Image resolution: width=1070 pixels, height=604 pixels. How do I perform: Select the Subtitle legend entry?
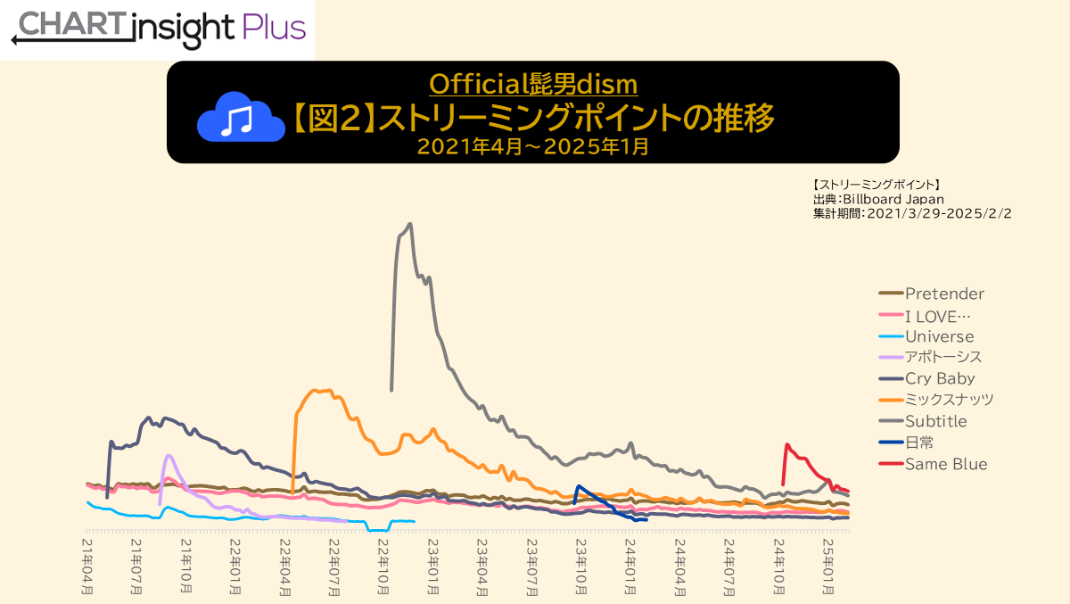coord(935,421)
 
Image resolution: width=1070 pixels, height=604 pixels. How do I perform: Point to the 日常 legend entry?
coord(918,443)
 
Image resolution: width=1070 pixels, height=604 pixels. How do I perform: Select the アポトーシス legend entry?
coord(943,358)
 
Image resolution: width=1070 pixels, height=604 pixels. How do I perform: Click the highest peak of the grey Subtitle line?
coord(409,224)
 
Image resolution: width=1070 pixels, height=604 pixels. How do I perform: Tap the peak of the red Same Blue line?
coord(786,444)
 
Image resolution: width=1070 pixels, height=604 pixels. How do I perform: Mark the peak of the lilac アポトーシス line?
coord(168,455)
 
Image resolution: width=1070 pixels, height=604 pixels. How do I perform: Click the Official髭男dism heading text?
coord(533,84)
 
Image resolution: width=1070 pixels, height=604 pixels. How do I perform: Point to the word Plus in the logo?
coord(275,29)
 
